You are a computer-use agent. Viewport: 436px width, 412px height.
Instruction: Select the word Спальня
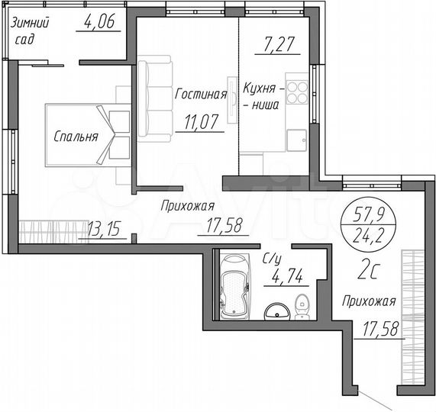tap(76, 137)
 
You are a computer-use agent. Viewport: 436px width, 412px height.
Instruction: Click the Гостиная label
tap(201, 95)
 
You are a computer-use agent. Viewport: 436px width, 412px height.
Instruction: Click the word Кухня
tap(260, 88)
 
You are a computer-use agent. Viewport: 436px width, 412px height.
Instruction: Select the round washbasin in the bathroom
tap(276, 311)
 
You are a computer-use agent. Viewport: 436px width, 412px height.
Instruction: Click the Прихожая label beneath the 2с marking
tap(369, 301)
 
